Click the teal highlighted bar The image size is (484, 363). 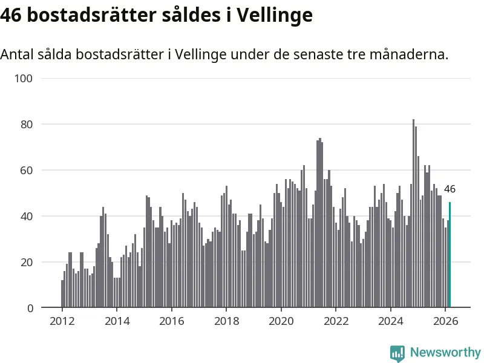pyautogui.click(x=450, y=255)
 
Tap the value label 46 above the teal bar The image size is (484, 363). pyautogui.click(x=450, y=189)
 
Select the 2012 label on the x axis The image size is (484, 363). pyautogui.click(x=62, y=321)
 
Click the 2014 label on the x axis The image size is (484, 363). pyautogui.click(x=117, y=321)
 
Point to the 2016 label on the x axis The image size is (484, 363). pyautogui.click(x=172, y=321)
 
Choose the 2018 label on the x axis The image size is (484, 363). pyautogui.click(x=226, y=321)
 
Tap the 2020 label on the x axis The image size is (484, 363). pyautogui.click(x=281, y=321)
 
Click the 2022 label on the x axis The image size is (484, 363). pyautogui.click(x=336, y=321)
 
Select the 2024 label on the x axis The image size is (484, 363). pyautogui.click(x=390, y=321)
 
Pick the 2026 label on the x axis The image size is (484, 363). pyautogui.click(x=445, y=321)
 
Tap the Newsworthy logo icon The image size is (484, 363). pyautogui.click(x=397, y=353)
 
